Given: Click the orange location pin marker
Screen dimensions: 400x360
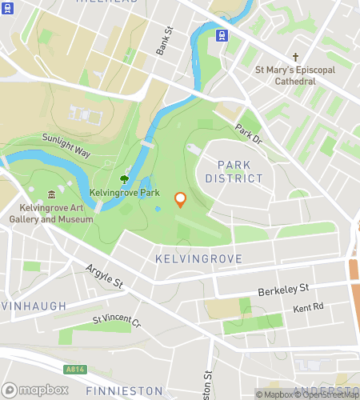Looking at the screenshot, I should tap(180, 199).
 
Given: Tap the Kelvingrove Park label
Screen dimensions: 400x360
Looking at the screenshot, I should tap(125, 194).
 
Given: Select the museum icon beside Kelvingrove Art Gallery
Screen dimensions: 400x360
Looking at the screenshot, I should tap(52, 194).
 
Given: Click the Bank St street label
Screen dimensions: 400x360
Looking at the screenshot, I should tap(164, 42).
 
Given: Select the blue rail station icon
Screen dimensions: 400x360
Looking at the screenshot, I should tap(222, 35).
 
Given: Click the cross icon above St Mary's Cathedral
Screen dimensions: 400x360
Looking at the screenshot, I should tap(295, 57).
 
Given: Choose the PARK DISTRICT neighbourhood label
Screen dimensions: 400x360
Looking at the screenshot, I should tap(240, 171).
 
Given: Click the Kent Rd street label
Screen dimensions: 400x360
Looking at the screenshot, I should tap(308, 307).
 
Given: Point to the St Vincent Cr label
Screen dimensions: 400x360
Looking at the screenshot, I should tap(116, 324).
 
